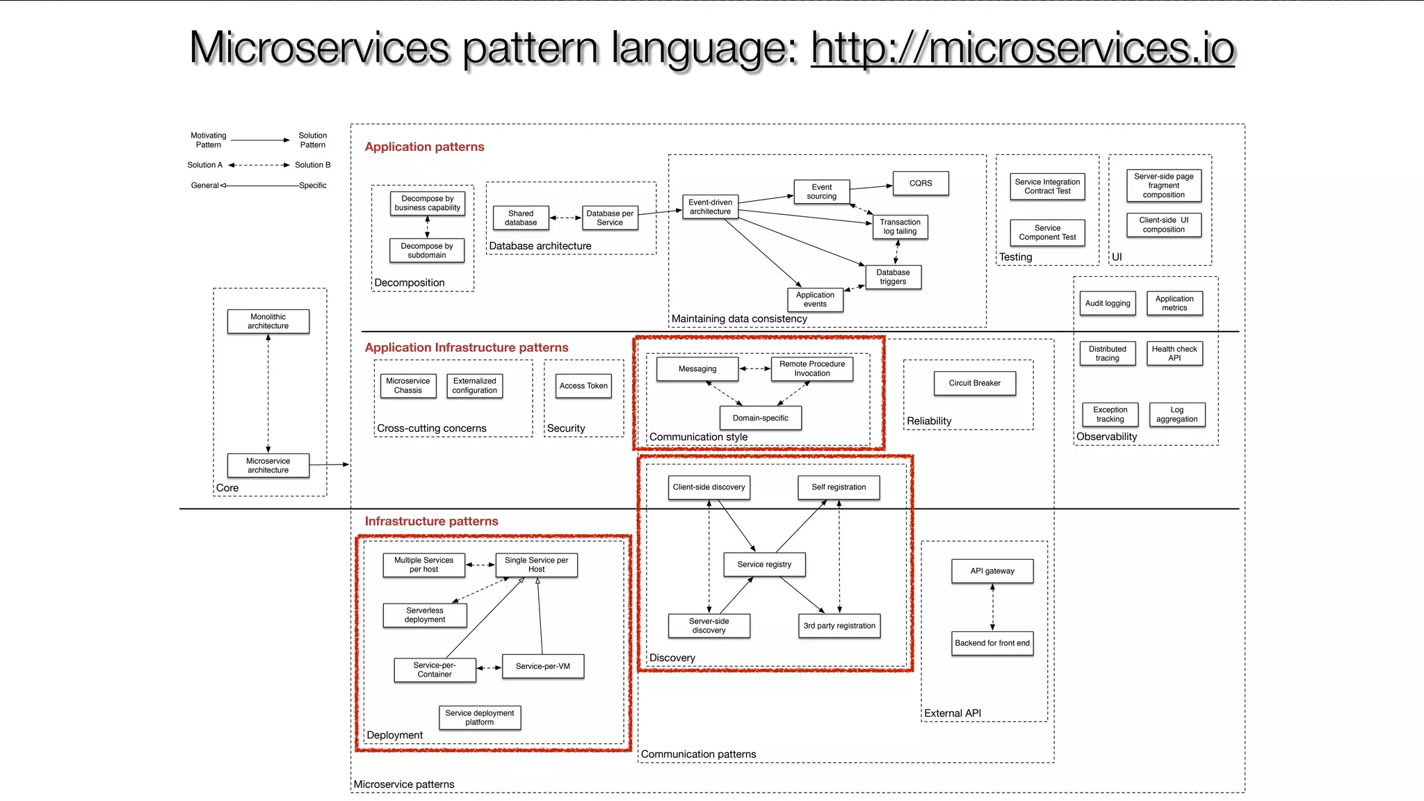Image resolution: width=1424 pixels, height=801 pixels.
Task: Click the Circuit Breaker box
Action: (974, 383)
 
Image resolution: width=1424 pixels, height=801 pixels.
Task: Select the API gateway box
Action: (992, 571)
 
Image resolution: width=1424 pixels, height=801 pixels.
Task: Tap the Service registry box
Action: (764, 565)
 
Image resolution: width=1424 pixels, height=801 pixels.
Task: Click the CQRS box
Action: (921, 183)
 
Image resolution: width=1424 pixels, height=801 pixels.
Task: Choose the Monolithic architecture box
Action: (268, 321)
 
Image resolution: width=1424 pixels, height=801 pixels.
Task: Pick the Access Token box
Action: (583, 386)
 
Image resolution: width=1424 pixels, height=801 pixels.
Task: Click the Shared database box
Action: (521, 218)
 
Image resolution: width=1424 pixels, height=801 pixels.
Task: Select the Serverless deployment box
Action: (425, 615)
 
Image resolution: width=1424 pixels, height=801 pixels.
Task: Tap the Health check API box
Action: (1174, 354)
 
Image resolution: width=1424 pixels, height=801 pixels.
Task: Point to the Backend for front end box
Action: (992, 643)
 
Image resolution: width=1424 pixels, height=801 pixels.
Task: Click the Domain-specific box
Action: (760, 418)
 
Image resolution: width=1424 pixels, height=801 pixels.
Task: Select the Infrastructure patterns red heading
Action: (431, 521)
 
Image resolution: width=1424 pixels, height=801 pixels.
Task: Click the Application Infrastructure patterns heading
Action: (467, 348)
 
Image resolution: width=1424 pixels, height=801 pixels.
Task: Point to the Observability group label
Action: (1107, 437)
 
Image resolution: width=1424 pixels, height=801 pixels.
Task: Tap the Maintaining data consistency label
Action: (739, 319)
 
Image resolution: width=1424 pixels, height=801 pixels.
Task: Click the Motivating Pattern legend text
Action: (209, 140)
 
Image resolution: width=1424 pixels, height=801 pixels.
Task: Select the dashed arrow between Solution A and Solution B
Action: (259, 165)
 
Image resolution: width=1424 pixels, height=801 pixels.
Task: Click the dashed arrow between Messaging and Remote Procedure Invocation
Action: (754, 369)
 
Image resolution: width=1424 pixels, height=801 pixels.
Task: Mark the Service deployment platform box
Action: (480, 718)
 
